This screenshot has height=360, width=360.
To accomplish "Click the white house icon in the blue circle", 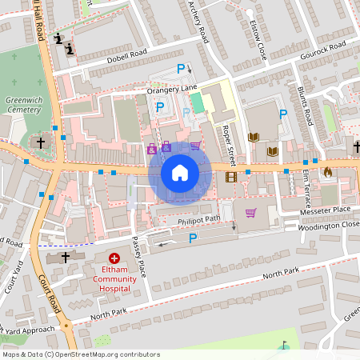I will [x=180, y=172].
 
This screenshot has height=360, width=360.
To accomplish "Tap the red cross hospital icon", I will [x=114, y=258].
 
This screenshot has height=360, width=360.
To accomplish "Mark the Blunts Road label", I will [x=305, y=106].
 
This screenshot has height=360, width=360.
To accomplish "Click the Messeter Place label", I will [x=326, y=210].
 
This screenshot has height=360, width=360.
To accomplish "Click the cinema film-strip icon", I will [x=231, y=177].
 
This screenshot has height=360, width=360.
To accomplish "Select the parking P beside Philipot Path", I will [x=192, y=238].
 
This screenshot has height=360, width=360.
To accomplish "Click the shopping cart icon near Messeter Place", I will [x=250, y=213].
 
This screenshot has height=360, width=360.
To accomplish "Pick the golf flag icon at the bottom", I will [x=283, y=346].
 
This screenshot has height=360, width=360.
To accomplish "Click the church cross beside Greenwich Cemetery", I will [x=41, y=142].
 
